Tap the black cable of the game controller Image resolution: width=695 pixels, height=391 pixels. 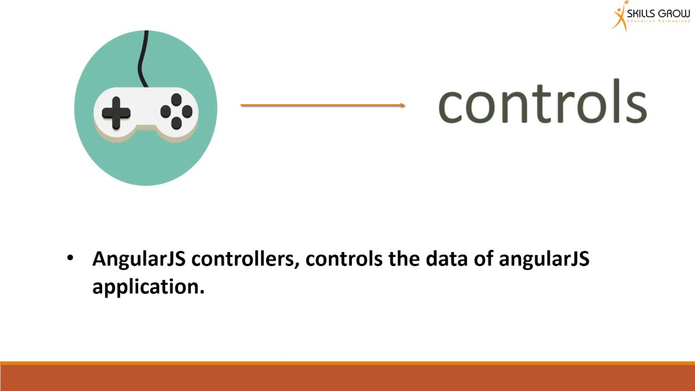(143, 60)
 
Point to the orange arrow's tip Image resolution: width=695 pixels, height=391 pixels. (403, 105)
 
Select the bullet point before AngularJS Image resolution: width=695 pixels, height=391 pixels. (70, 258)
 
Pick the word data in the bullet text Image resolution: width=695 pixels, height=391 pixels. (444, 259)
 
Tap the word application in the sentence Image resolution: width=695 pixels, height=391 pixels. (148, 287)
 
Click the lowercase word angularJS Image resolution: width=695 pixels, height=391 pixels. (544, 259)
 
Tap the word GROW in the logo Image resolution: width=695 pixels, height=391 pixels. (675, 13)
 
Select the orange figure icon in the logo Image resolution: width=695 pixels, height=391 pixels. (618, 16)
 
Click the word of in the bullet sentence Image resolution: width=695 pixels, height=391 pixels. (481, 259)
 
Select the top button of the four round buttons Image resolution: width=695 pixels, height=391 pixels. (176, 100)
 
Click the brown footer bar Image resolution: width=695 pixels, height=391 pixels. (347, 378)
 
